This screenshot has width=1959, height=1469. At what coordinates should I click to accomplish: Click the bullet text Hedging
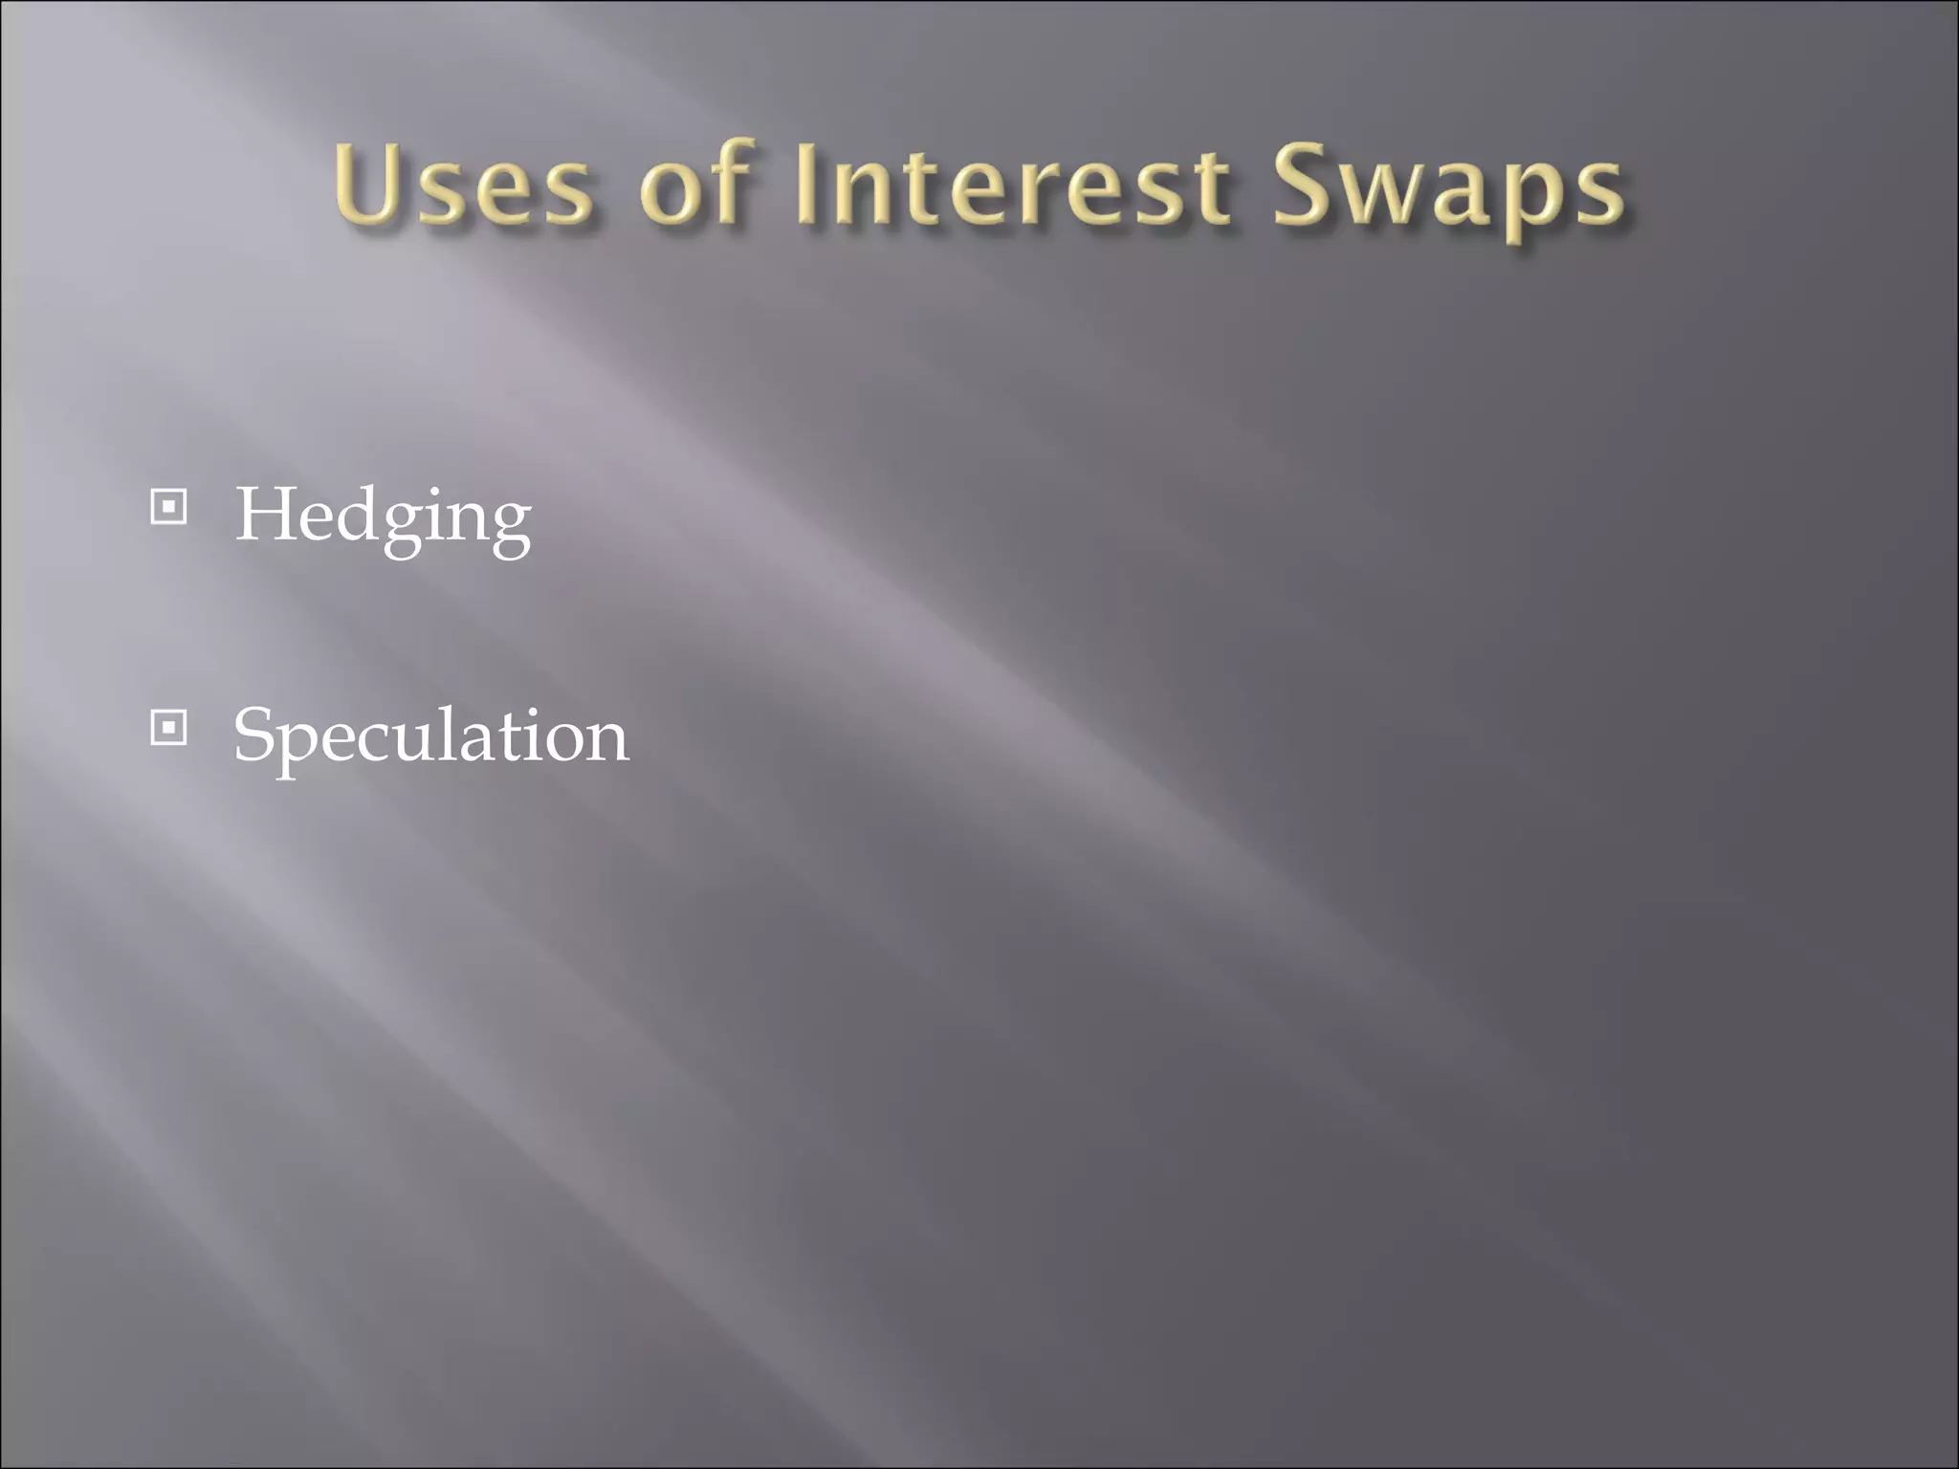383,516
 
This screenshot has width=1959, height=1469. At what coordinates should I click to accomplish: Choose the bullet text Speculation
430,736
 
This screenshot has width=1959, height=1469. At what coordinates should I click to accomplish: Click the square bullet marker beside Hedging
169,507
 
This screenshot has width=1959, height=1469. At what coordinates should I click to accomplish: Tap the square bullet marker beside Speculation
169,729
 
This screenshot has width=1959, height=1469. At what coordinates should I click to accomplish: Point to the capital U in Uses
368,185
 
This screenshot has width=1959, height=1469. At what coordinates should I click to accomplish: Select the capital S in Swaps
1307,185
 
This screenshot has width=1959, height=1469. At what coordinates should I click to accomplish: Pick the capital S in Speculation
254,734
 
